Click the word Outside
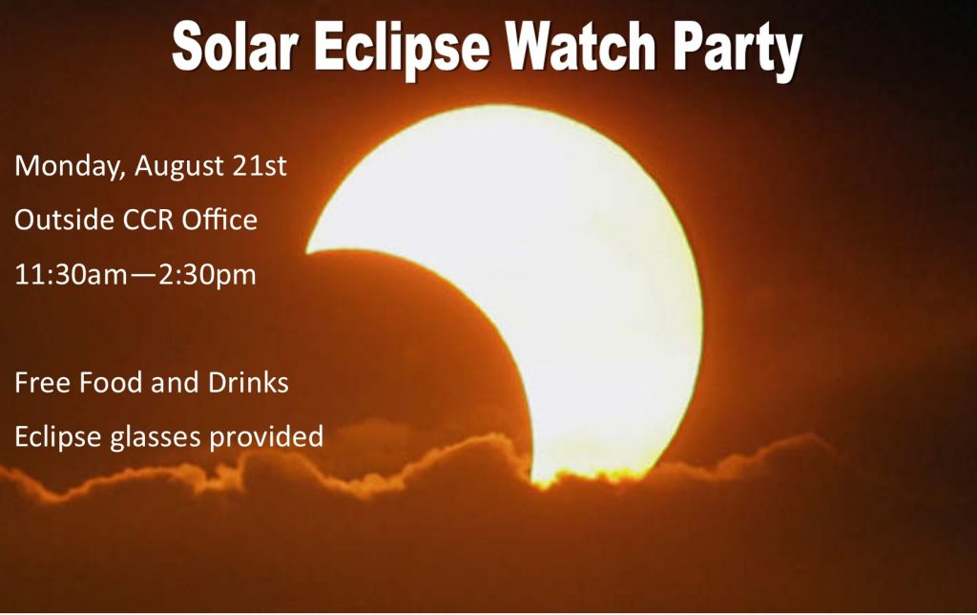pos(64,221)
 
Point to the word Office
pos(219,220)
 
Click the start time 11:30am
pos(71,275)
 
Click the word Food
pos(111,383)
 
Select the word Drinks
pos(248,383)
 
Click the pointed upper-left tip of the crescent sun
pos(306,253)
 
